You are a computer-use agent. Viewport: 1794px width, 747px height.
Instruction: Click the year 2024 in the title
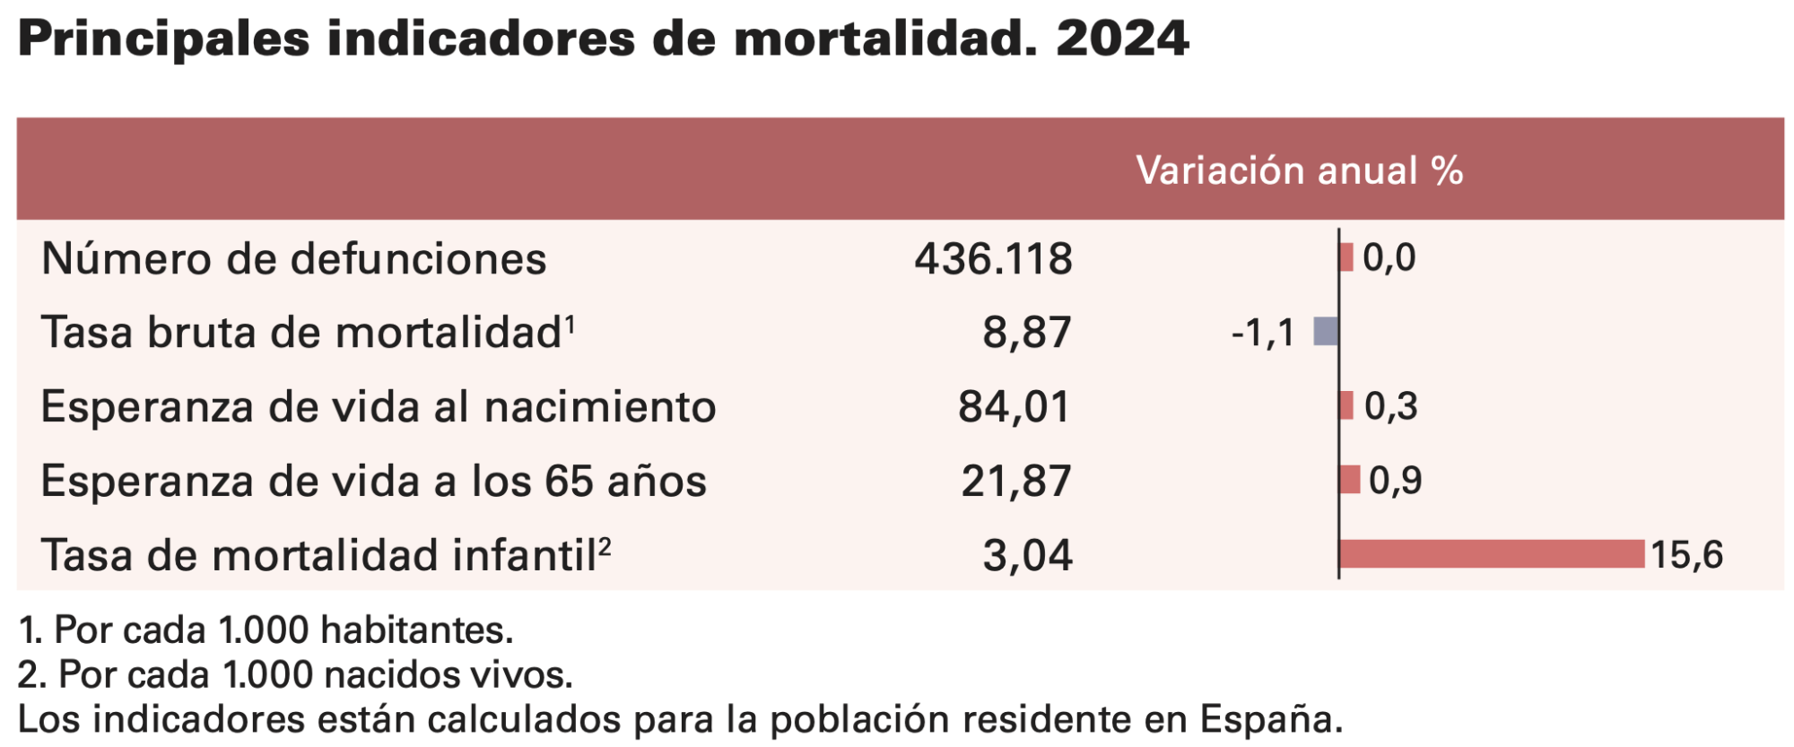pos(1122,39)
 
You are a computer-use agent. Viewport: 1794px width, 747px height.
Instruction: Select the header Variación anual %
pos(1300,170)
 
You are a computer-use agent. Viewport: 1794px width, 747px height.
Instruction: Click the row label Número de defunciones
pos(294,258)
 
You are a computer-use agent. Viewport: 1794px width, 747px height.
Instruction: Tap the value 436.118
pos(993,259)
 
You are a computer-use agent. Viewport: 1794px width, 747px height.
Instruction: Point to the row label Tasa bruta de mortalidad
pos(308,332)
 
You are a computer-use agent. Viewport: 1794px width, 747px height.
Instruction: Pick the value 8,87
pos(1027,333)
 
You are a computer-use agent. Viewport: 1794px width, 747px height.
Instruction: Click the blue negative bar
pos(1326,331)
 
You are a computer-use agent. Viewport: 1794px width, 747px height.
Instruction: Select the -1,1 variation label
pos(1263,334)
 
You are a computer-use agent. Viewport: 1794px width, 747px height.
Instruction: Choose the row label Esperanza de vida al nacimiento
pos(379,406)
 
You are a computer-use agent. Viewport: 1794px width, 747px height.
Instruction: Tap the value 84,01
pos(1015,407)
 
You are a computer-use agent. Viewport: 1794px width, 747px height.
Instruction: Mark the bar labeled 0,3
pos(1346,405)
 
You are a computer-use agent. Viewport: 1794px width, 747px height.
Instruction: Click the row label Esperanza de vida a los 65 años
pos(374,481)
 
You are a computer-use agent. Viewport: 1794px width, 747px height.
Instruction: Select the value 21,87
pos(1016,482)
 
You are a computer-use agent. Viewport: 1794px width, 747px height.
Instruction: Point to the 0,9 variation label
pos(1396,481)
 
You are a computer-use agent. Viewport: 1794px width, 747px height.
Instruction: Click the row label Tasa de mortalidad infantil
pos(327,554)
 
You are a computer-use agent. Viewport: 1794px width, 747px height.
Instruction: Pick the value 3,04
pos(1028,556)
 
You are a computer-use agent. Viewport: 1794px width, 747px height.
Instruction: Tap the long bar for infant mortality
pos(1493,554)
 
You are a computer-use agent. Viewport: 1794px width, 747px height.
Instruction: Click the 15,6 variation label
pos(1687,555)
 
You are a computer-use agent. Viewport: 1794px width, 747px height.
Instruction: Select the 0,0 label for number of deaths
pos(1389,257)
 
